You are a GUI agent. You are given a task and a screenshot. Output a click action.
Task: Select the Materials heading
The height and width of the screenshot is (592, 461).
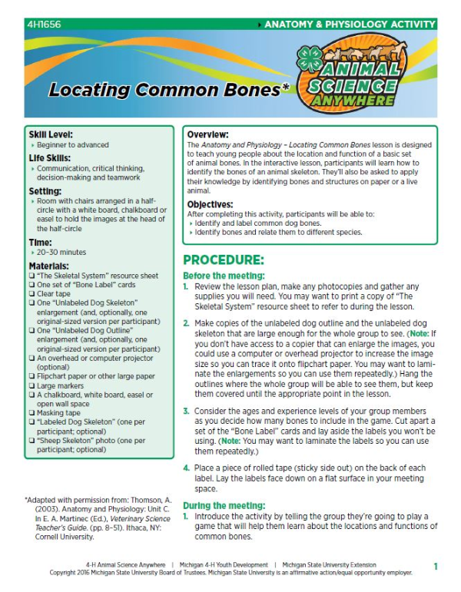[x=50, y=266]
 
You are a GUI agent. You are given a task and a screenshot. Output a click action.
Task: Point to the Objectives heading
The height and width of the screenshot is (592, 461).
[x=212, y=204]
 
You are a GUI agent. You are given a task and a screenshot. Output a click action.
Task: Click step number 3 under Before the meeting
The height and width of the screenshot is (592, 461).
[x=186, y=412]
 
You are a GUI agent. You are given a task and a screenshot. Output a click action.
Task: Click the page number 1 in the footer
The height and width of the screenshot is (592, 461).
[x=436, y=567]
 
